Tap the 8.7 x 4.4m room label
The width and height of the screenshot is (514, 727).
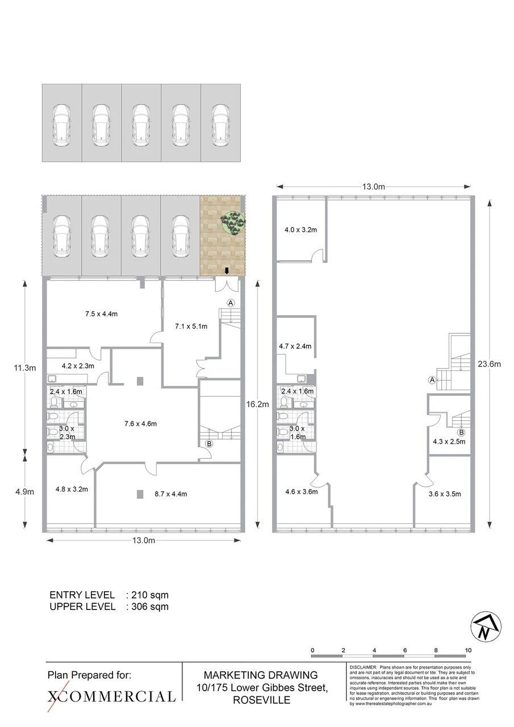pos(170,494)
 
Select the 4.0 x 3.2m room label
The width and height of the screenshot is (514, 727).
pos(300,230)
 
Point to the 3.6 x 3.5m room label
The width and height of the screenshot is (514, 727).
pos(444,494)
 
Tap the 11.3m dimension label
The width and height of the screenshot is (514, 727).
pos(24,367)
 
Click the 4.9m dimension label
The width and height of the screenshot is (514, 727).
pos(24,492)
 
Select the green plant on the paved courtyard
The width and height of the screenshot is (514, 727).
pos(233,223)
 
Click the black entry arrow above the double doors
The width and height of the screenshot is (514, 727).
pos(227,271)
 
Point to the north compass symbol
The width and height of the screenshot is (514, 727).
pos(486,628)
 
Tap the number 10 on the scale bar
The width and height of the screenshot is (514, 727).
pos(468,650)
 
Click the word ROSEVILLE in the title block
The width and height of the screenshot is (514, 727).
pos(261,700)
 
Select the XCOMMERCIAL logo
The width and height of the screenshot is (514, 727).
pos(111,696)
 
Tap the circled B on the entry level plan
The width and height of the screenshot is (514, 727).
pos(208,444)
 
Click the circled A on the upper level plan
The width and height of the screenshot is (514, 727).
pos(432,379)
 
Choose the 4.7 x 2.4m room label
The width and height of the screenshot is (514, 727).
pos(295,346)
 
